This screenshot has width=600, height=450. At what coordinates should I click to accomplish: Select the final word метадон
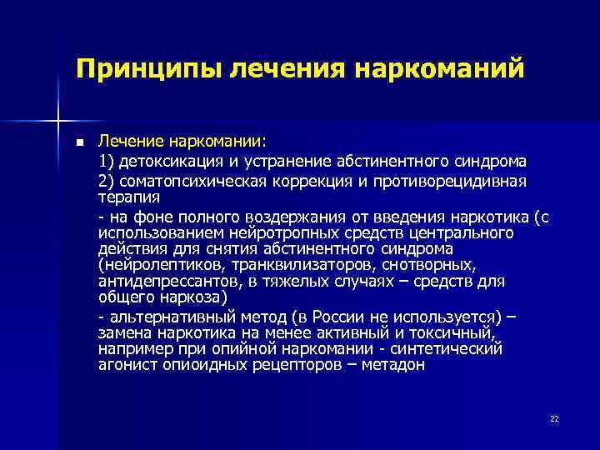tap(395, 364)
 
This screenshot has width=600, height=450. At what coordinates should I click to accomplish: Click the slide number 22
tap(554, 419)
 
